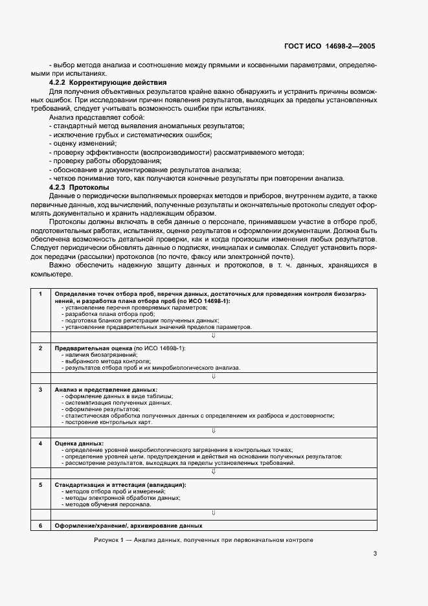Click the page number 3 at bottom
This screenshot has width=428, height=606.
click(375, 553)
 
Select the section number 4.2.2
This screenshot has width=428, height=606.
click(59, 83)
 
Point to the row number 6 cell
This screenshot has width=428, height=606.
click(40, 525)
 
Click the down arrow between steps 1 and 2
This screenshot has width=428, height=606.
click(213, 335)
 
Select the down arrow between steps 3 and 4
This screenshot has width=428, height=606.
click(213, 430)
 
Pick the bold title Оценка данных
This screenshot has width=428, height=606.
click(75, 443)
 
